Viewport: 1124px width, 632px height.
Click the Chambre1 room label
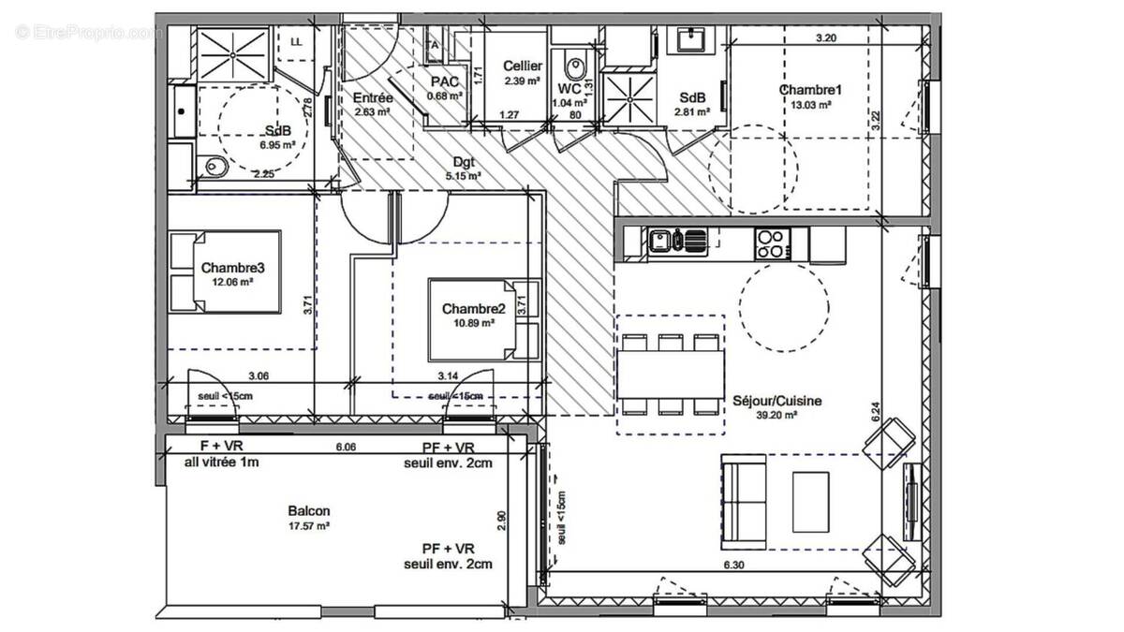(x=810, y=90)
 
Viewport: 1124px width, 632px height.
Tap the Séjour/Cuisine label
(x=777, y=401)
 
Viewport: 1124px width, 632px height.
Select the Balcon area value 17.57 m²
(x=309, y=526)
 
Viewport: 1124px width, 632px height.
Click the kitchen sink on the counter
(x=675, y=243)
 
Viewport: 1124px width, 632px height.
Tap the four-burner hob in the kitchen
(x=770, y=243)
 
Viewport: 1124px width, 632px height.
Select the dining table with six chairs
(x=671, y=374)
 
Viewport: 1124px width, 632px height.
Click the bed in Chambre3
(x=225, y=272)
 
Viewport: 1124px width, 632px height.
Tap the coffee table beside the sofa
(x=810, y=500)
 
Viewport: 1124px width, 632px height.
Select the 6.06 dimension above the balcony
(x=347, y=448)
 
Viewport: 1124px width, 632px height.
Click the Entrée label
(x=373, y=98)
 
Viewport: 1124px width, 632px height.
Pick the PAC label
(x=444, y=82)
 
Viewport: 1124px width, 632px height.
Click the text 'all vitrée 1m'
(x=221, y=463)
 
